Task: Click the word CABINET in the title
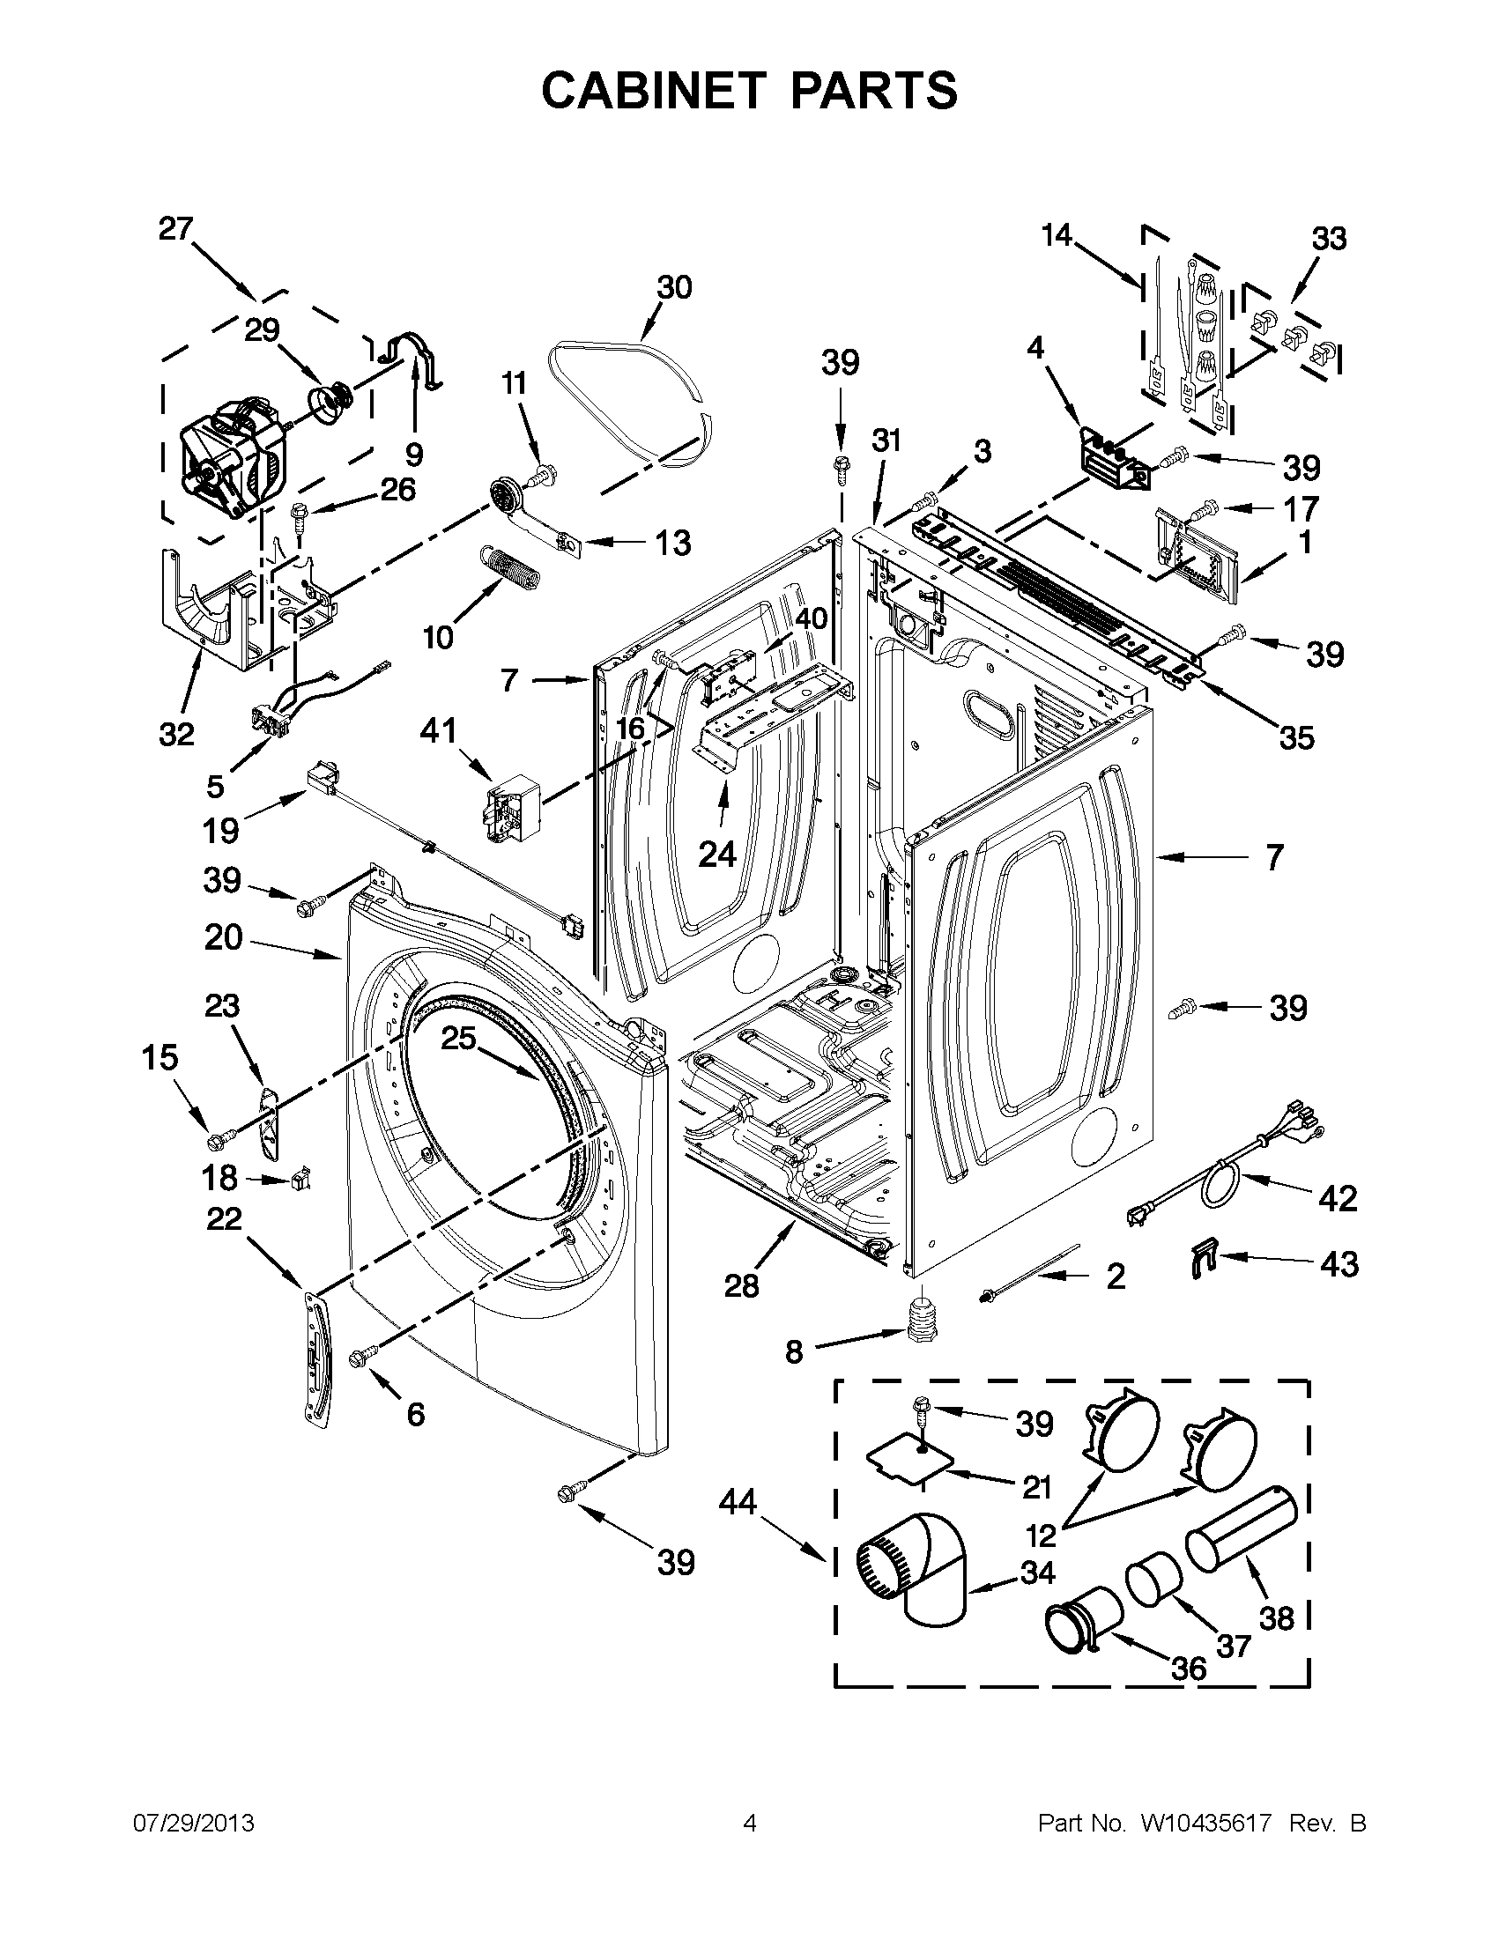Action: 654,92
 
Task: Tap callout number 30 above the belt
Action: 674,288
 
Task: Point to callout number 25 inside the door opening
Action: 459,1038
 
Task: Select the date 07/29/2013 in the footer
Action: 194,1824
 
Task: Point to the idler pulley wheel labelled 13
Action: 504,493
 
